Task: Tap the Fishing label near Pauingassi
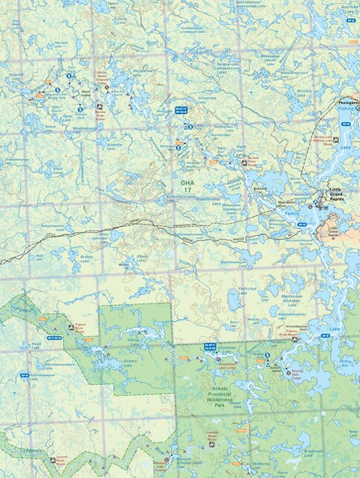(x=345, y=108)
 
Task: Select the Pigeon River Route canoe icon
(x=71, y=328)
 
